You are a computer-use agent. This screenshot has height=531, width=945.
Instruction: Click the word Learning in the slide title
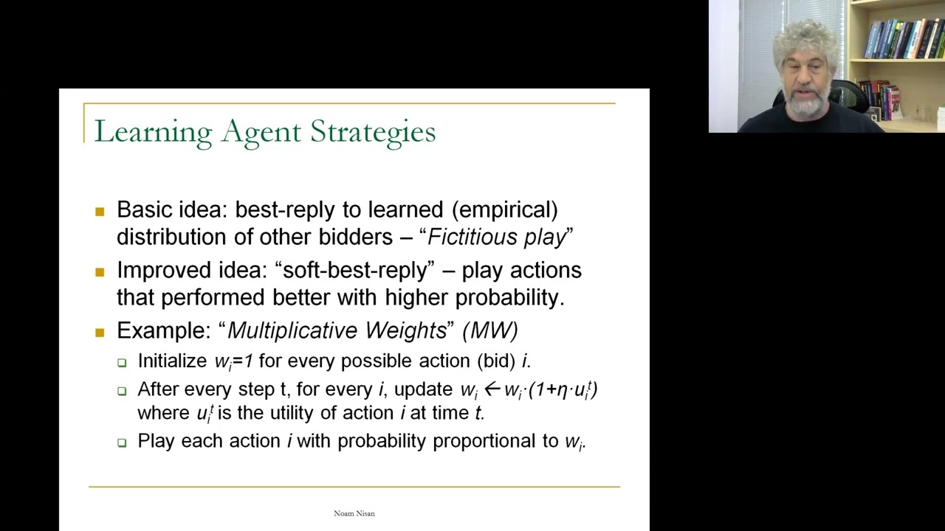click(153, 132)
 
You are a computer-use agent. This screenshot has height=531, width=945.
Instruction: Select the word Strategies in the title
click(373, 132)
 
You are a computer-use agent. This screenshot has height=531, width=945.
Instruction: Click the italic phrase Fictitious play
click(497, 237)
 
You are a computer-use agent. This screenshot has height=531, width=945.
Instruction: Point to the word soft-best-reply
click(354, 270)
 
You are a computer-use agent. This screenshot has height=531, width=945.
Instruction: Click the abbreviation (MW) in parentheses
click(490, 330)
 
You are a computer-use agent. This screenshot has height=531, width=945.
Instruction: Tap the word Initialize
click(172, 361)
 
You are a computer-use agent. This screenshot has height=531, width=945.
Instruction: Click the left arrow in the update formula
click(492, 389)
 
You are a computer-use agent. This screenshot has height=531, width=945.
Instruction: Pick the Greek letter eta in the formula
click(563, 390)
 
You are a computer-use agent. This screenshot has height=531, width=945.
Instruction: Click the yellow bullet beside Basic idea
click(100, 212)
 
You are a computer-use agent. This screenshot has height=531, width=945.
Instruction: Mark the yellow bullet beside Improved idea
click(100, 272)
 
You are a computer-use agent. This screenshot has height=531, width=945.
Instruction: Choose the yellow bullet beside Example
click(100, 333)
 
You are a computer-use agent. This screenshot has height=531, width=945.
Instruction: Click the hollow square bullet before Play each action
click(122, 442)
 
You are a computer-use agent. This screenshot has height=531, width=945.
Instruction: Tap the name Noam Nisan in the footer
click(354, 513)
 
